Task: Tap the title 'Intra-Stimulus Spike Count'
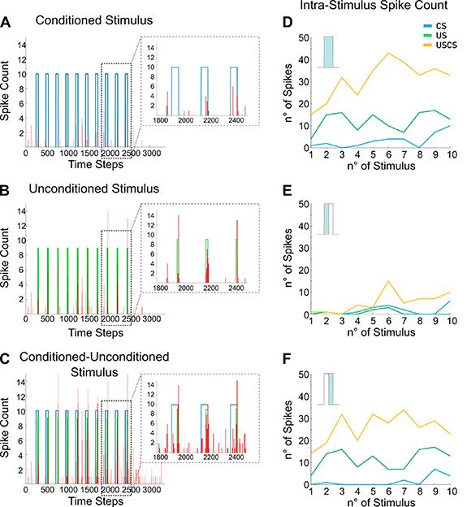(379, 10)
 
